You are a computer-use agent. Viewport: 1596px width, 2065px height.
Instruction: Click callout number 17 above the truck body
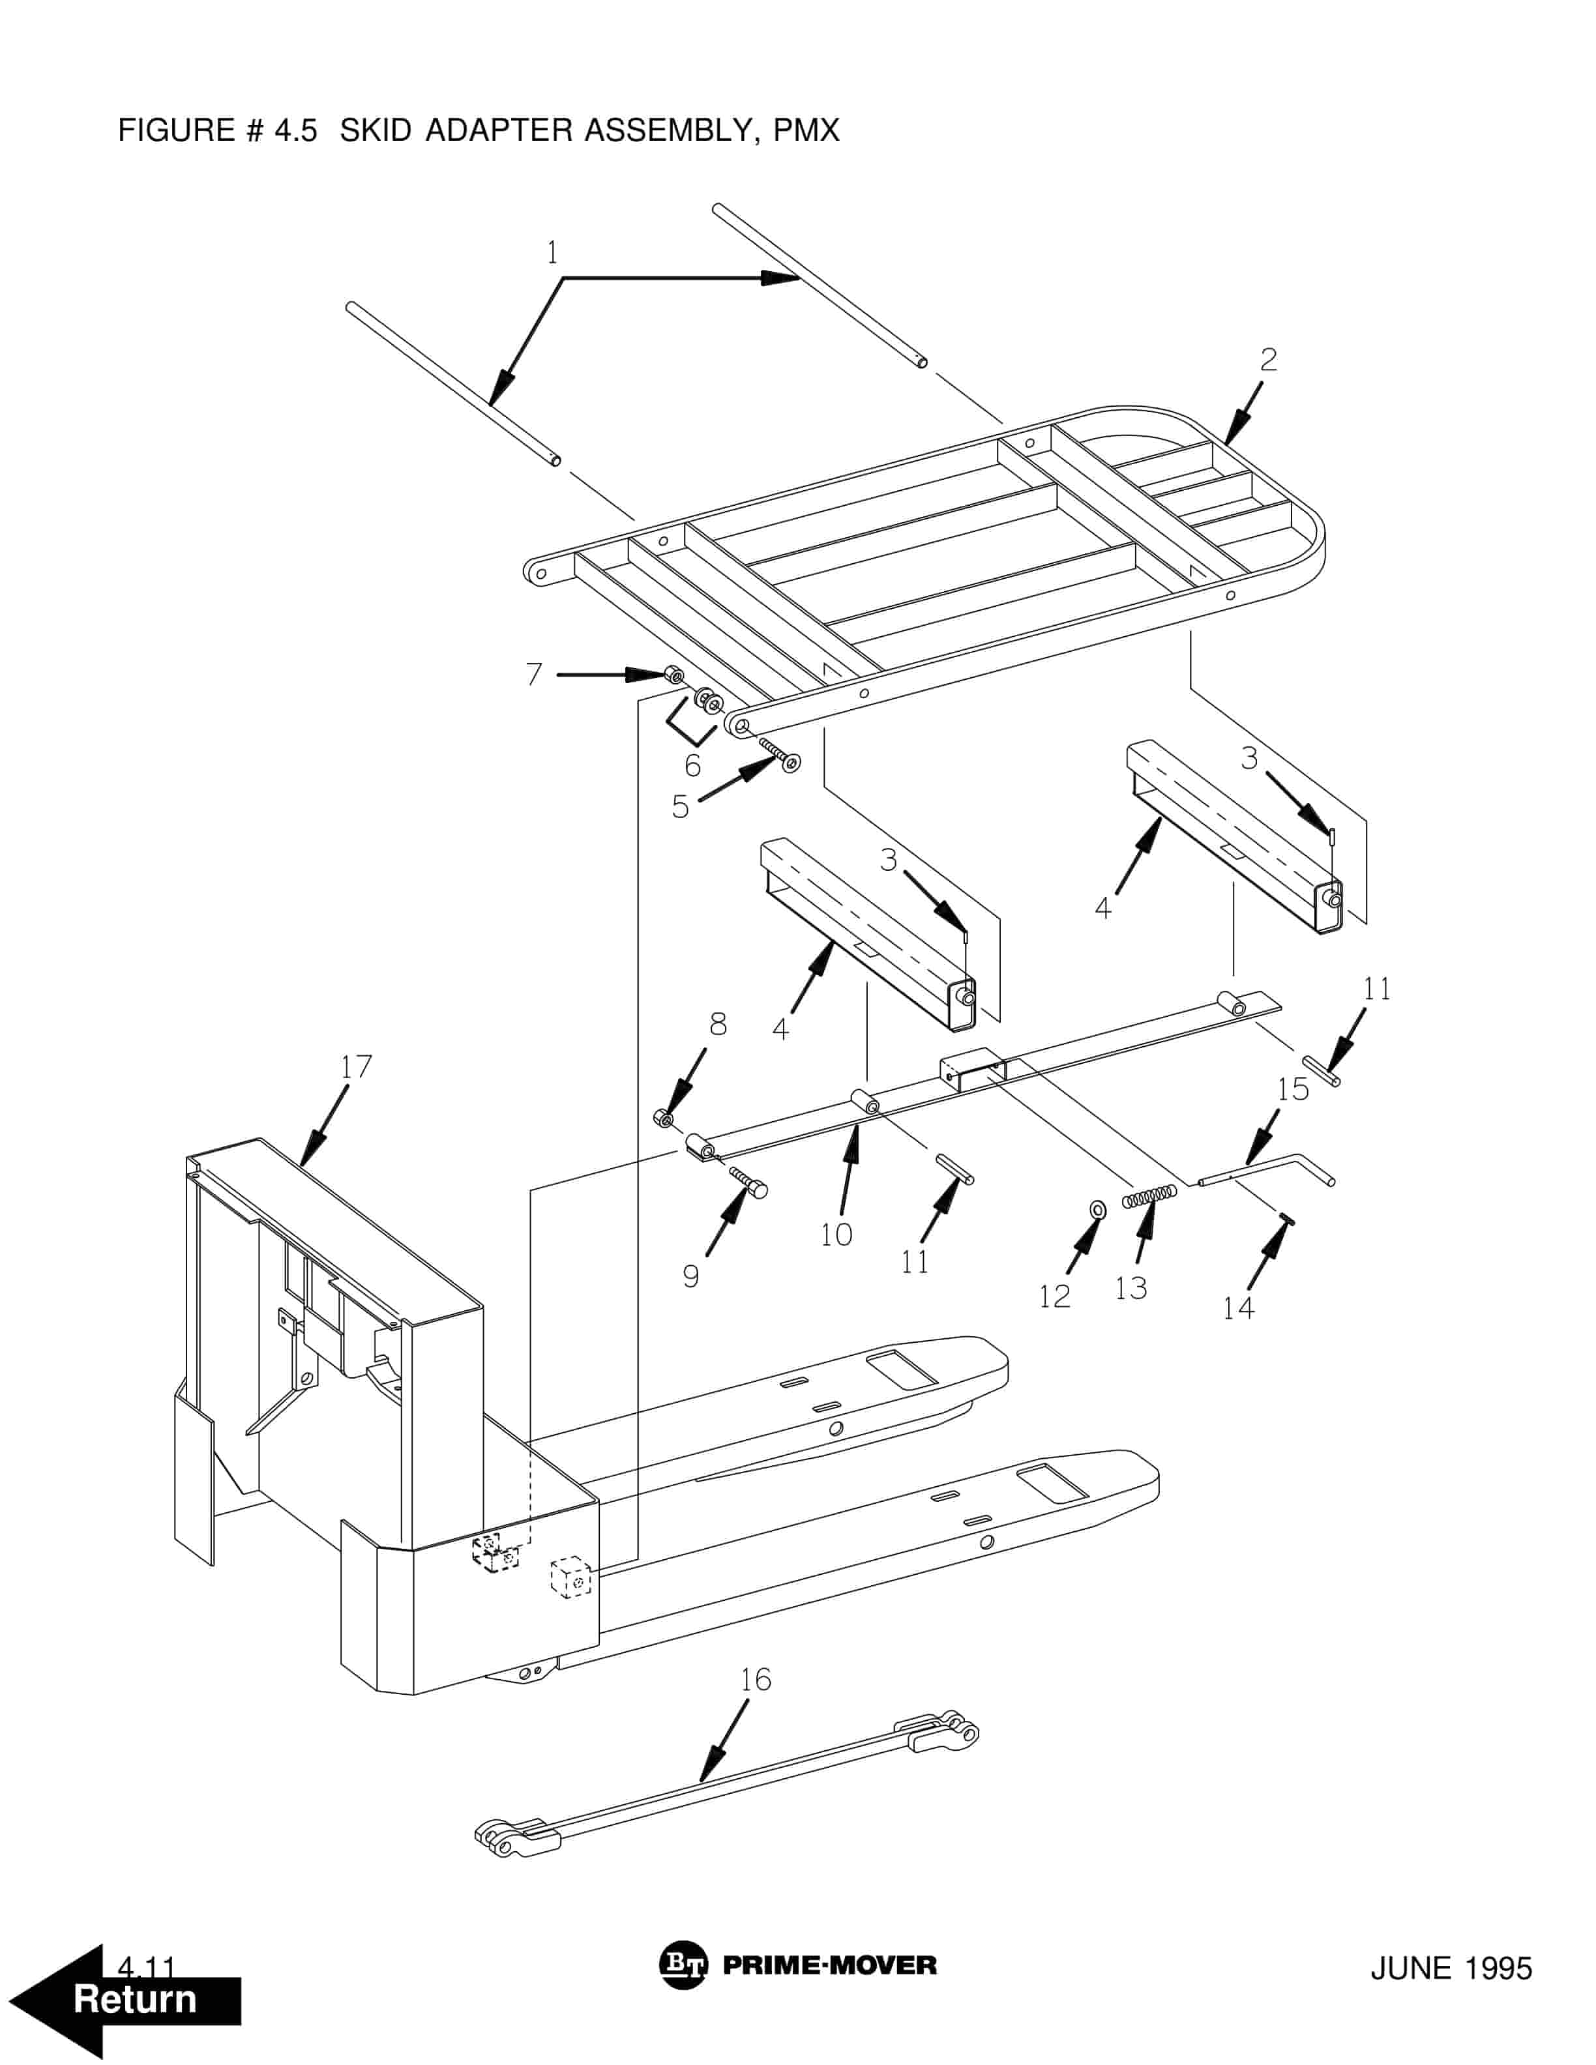357,1066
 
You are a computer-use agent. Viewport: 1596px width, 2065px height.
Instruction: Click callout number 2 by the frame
1269,359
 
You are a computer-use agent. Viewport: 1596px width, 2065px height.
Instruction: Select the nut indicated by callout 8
665,1119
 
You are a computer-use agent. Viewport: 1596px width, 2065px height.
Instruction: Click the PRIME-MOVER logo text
829,1965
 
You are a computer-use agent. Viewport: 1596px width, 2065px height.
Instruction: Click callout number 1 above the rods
552,252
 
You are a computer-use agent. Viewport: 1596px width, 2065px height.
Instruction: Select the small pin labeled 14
1287,1220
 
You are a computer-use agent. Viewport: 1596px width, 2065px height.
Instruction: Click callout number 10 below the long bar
836,1234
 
